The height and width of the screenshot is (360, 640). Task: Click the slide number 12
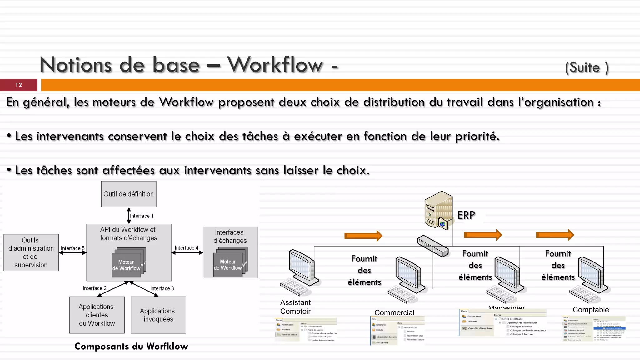[x=19, y=85]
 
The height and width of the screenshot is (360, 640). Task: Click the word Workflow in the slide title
[x=275, y=65]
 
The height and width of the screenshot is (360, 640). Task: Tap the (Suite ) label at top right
[x=587, y=67]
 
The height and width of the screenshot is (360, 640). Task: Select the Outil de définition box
[x=129, y=194]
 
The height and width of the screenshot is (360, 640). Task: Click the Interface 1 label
[x=142, y=216]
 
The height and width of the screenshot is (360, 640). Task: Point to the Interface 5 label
[x=72, y=248]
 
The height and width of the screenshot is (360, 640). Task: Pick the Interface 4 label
[x=186, y=248]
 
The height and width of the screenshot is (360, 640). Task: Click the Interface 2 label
[x=94, y=288]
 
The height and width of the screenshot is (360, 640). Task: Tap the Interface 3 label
[x=162, y=288]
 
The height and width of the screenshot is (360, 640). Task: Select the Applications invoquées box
[x=158, y=315]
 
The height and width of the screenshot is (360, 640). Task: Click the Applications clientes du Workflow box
[x=97, y=315]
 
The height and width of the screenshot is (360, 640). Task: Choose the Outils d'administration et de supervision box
[x=31, y=252]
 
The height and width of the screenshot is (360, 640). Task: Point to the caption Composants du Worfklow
[x=131, y=346]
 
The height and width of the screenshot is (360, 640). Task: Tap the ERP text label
[x=466, y=215]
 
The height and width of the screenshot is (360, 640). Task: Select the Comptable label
[x=591, y=310]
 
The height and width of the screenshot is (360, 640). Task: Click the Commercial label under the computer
[x=394, y=312]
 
